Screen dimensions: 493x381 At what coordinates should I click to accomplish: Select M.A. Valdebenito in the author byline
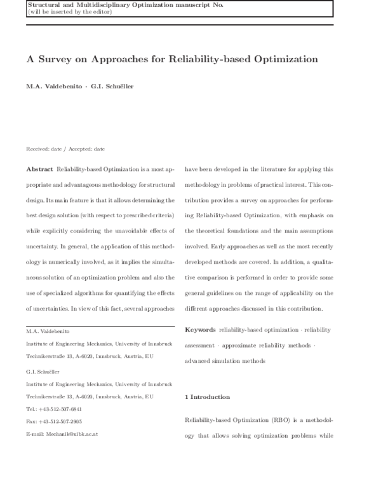54,85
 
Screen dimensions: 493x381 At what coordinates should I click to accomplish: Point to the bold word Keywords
200,330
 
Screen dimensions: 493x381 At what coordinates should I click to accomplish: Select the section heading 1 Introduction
207,397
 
